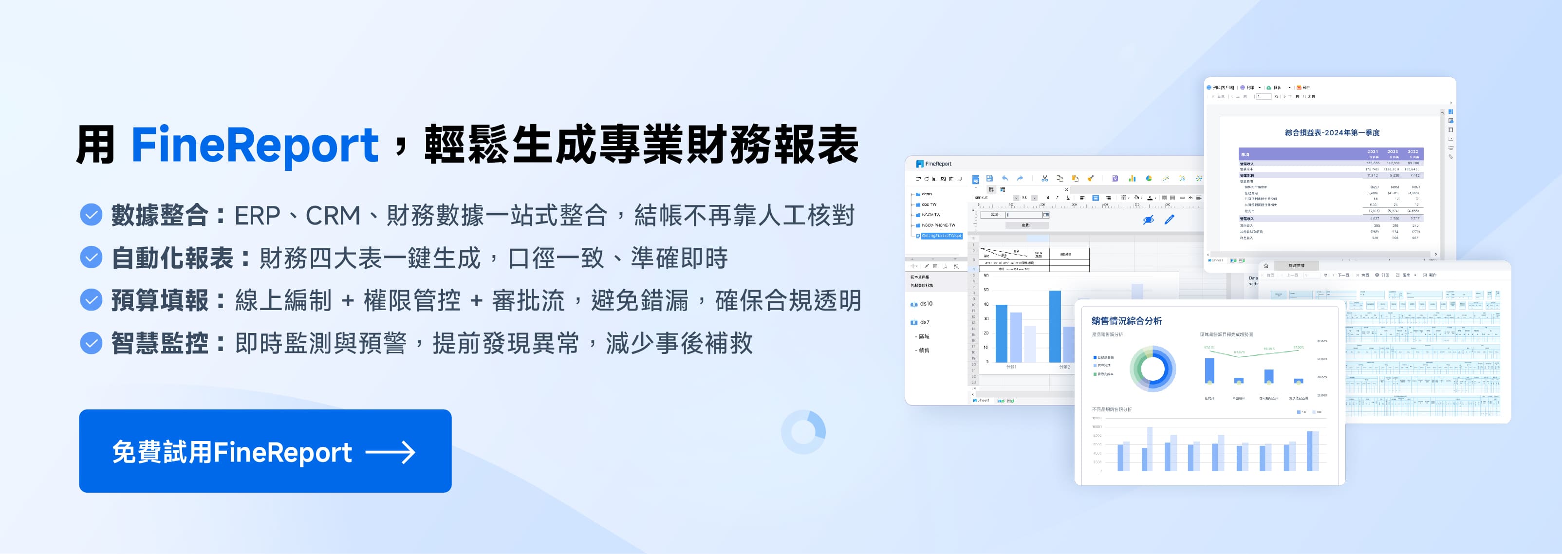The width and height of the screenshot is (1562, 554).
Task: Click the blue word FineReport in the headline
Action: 255,146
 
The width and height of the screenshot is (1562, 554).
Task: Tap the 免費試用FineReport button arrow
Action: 390,452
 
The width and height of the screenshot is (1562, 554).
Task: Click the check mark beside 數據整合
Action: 91,215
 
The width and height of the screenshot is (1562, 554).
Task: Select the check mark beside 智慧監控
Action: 91,343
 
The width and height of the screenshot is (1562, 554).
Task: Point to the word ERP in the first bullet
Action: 257,216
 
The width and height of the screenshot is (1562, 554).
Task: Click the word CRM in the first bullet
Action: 332,216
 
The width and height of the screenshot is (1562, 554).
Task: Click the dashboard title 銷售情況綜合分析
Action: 1127,321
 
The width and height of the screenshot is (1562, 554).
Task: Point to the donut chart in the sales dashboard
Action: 1153,369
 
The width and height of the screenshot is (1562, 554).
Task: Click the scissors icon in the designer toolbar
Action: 1044,179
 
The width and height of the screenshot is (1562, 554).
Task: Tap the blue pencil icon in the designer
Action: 1169,220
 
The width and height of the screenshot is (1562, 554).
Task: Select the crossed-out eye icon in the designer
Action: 1148,220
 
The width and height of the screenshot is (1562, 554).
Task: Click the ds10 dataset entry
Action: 925,304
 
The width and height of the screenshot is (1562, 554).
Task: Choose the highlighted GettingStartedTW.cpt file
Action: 941,236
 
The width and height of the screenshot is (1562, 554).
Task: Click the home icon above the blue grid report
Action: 1266,265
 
